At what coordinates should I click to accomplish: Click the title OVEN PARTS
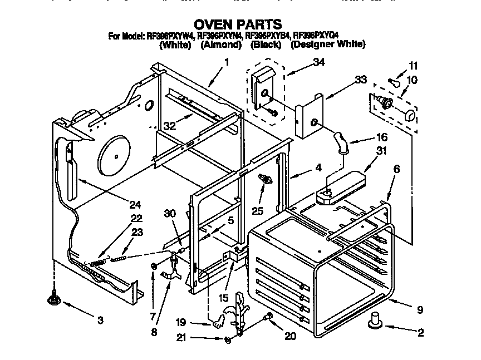click(x=237, y=24)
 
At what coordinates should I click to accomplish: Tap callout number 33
click(x=361, y=80)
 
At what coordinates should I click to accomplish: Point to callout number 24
click(x=135, y=204)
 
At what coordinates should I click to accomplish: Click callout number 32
click(x=169, y=126)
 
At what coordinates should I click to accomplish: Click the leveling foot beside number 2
click(x=375, y=320)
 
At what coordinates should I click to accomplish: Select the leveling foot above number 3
click(x=54, y=299)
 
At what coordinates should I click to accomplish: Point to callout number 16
click(x=381, y=137)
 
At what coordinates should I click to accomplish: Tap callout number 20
click(x=289, y=336)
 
